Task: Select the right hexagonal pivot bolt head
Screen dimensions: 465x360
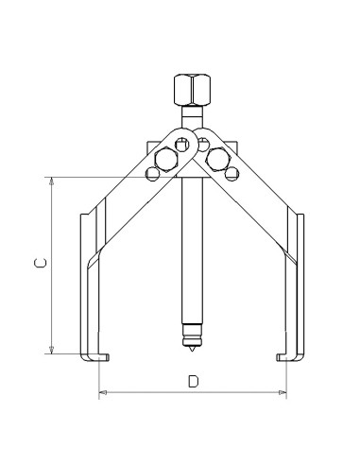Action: (218, 158)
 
